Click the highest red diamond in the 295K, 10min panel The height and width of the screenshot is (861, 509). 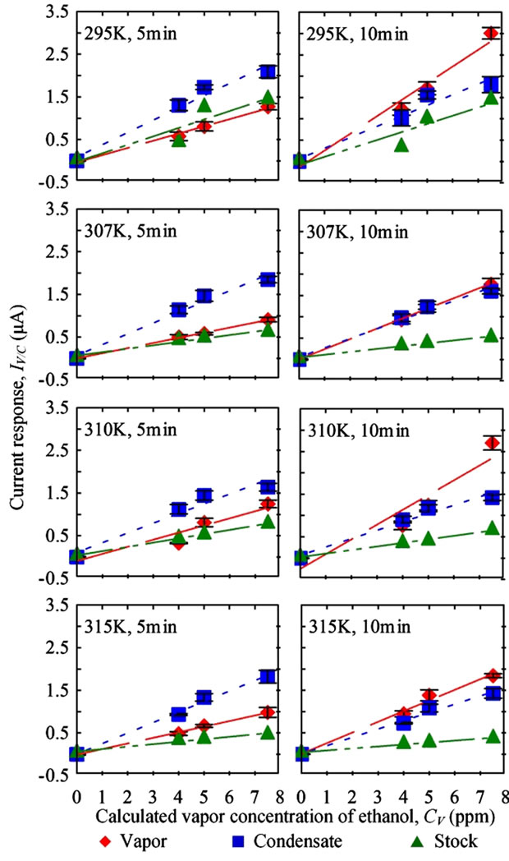click(x=491, y=34)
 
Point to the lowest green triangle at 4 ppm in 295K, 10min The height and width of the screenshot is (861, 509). click(x=402, y=145)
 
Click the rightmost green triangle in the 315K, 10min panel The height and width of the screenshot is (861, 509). click(x=492, y=736)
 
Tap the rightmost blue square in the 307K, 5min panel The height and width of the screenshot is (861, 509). click(x=267, y=280)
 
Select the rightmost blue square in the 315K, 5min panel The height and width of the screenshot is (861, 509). click(x=267, y=677)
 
